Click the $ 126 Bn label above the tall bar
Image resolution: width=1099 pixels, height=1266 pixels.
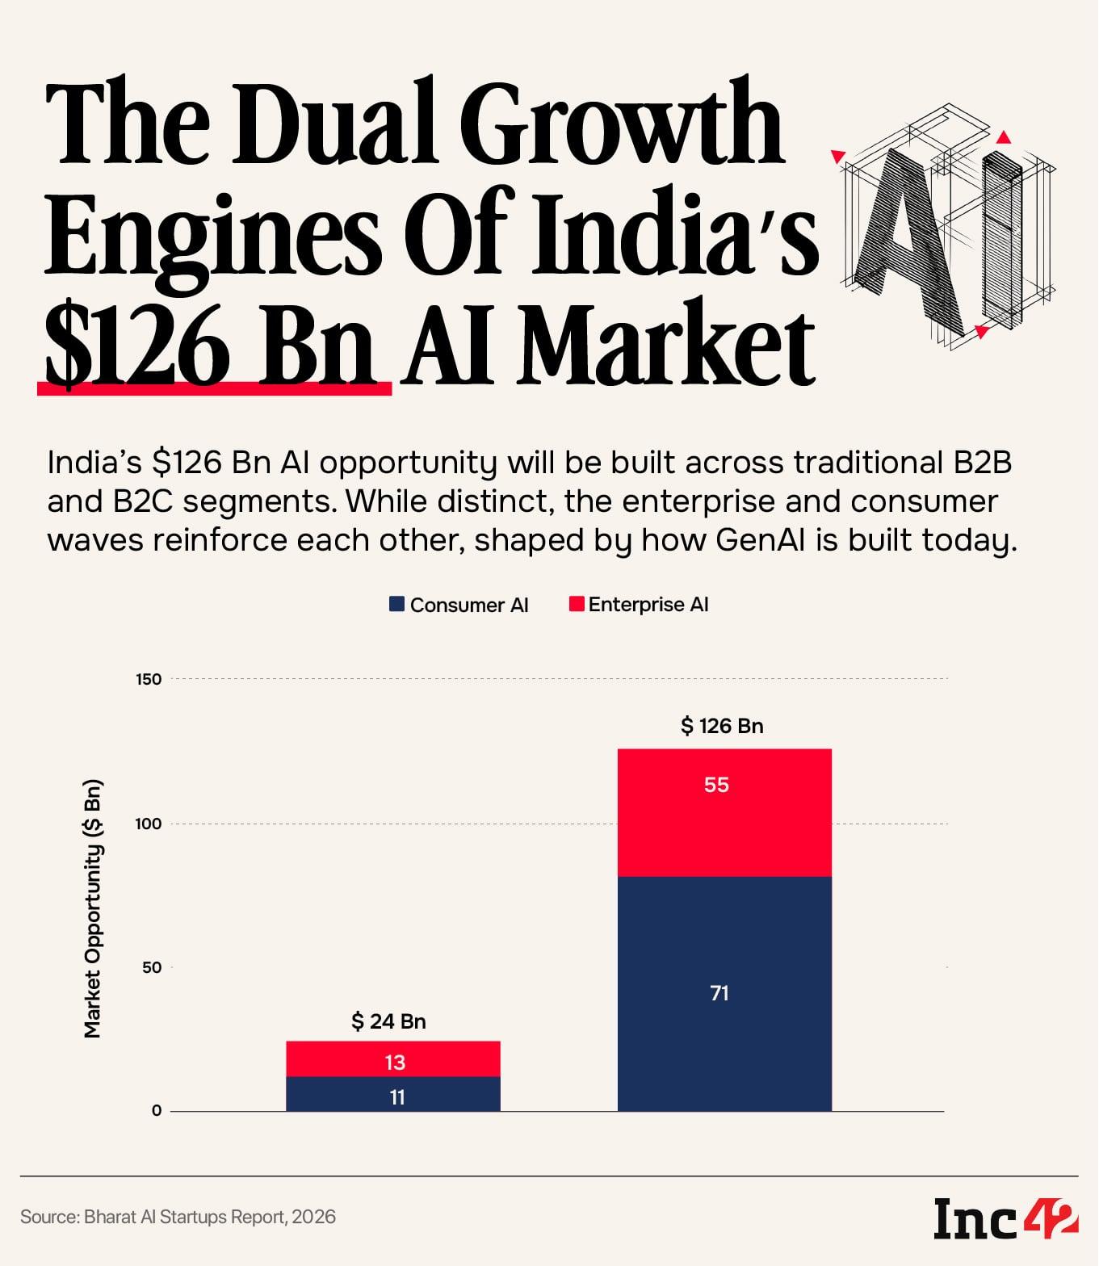tap(722, 726)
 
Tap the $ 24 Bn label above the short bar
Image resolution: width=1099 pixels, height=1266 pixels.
tap(388, 1021)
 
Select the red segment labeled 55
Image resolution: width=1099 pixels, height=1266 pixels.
tap(724, 812)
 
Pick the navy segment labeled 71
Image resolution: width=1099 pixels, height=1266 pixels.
tap(724, 993)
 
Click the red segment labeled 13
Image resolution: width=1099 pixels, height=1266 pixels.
tap(393, 1060)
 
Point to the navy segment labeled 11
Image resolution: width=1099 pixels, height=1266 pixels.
tap(393, 1095)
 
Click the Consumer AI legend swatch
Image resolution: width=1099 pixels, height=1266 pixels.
tap(396, 604)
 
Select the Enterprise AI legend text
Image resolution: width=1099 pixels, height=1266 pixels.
tap(648, 605)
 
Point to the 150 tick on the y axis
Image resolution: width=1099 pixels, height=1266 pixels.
tap(149, 679)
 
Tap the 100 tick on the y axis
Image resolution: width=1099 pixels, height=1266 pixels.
tap(149, 824)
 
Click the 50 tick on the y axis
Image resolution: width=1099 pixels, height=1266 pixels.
tap(152, 967)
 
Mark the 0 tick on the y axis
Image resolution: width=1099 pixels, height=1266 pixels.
tap(156, 1111)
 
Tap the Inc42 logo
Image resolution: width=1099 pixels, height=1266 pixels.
tap(1005, 1218)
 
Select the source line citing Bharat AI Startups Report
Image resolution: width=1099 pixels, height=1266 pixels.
tap(178, 1217)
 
